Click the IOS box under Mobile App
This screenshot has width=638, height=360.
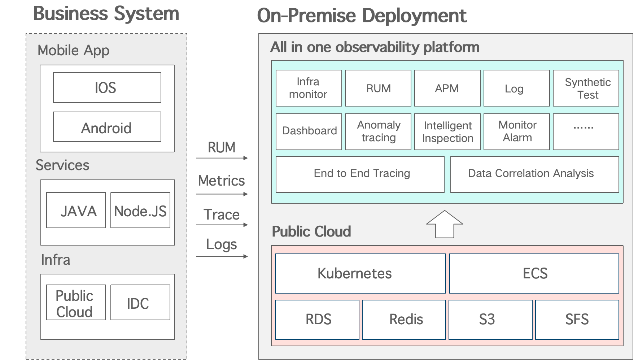click(x=107, y=88)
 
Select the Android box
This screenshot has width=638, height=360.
click(x=107, y=127)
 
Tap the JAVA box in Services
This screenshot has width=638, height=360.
click(x=76, y=210)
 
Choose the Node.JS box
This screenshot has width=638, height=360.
click(x=140, y=210)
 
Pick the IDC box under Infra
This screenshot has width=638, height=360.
click(x=140, y=303)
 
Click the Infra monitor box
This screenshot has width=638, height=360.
click(x=309, y=88)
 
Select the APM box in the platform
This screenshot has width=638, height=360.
click(x=447, y=88)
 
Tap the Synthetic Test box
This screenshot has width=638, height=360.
click(x=586, y=88)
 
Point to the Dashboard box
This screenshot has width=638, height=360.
click(x=309, y=131)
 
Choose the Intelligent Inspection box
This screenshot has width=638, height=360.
click(x=447, y=131)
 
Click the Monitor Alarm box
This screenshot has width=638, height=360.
click(x=516, y=131)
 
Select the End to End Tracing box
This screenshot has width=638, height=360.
click(x=360, y=174)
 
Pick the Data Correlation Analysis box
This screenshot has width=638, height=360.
click(x=534, y=174)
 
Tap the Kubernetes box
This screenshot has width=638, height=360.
click(x=360, y=273)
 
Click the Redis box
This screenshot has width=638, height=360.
click(x=404, y=320)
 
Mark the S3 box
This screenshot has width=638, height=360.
click(x=490, y=320)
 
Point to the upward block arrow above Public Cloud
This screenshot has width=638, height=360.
click(x=445, y=225)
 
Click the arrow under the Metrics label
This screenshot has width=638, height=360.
click(x=222, y=194)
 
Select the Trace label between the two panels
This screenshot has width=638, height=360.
click(x=222, y=214)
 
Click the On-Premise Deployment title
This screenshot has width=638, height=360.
click(x=362, y=16)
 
